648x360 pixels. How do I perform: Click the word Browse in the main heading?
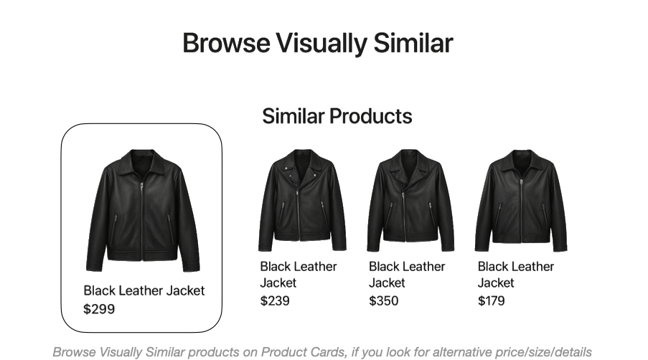pyautogui.click(x=227, y=43)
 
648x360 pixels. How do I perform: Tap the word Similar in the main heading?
pyautogui.click(x=413, y=43)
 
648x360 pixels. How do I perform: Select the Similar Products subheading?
pyautogui.click(x=337, y=116)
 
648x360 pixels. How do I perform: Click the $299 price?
pyautogui.click(x=99, y=309)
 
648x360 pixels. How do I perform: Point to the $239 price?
pyautogui.click(x=275, y=300)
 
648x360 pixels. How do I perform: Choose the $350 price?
pyautogui.click(x=383, y=300)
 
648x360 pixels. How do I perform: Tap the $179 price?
pyautogui.click(x=491, y=300)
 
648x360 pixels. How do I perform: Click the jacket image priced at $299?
pyautogui.click(x=143, y=211)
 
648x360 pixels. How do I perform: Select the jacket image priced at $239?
pyautogui.click(x=302, y=201)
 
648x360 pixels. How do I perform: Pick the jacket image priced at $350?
pyautogui.click(x=410, y=201)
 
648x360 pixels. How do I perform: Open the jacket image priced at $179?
pyautogui.click(x=521, y=201)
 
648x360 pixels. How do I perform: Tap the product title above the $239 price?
pyautogui.click(x=299, y=275)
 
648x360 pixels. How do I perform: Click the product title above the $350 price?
pyautogui.click(x=407, y=275)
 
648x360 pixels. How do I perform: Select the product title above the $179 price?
pyautogui.click(x=516, y=275)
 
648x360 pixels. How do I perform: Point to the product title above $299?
pyautogui.click(x=144, y=290)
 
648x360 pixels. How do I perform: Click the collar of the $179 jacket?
pyautogui.click(x=522, y=161)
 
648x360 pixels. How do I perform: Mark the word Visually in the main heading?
pyautogui.click(x=322, y=44)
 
